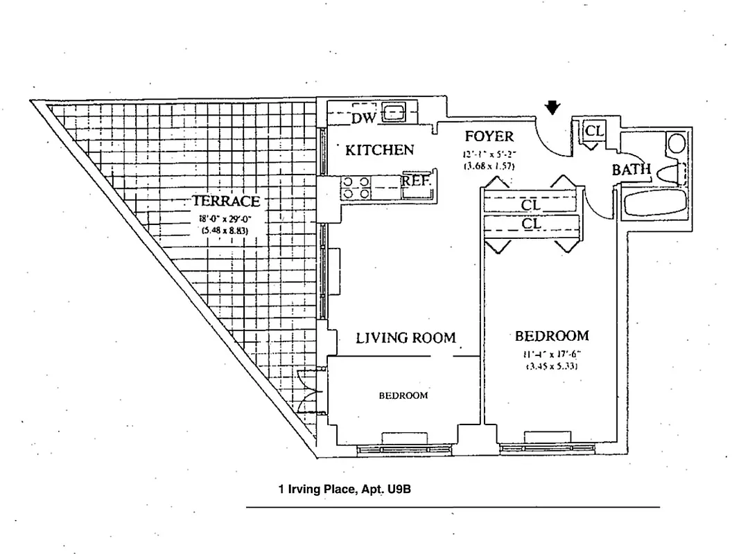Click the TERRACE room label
[x=226, y=202]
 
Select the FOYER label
[x=489, y=136]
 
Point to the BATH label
[x=631, y=170]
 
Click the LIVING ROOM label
[x=406, y=338]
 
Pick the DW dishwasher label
[x=363, y=118]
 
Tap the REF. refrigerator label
[x=417, y=181]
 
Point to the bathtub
[x=654, y=204]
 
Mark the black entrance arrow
[x=552, y=107]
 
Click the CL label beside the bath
[x=594, y=131]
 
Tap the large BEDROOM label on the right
[x=552, y=336]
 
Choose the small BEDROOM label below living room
[x=403, y=396]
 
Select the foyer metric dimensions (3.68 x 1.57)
[x=489, y=166]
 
